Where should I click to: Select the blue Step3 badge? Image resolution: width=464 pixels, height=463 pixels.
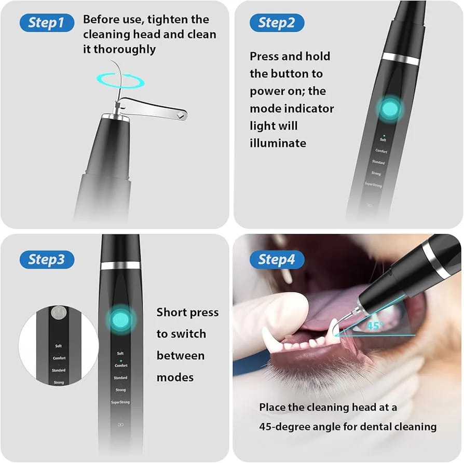pos(47,259)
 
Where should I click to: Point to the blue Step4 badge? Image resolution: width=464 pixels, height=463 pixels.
pos(276,259)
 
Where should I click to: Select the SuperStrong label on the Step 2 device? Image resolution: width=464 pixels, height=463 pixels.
pos(373,184)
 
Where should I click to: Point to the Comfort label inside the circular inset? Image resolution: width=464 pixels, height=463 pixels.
pos(59,358)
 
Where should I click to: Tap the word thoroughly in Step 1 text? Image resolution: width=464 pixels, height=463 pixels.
pos(120,50)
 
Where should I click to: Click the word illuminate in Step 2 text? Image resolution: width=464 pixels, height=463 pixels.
pos(278,143)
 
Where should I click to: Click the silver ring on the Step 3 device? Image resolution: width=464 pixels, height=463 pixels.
pos(120,265)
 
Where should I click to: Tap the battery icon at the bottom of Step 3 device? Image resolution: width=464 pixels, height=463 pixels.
pos(120,425)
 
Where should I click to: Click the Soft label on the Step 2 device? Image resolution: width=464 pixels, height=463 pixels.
pos(383,140)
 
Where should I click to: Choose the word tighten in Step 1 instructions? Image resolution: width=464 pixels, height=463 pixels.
pos(186,20)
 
